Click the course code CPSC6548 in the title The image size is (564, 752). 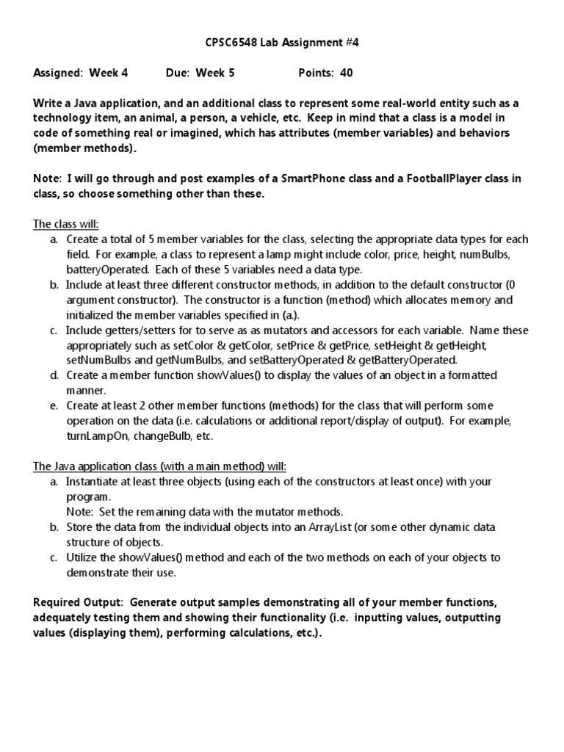point(230,43)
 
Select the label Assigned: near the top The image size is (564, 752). point(59,73)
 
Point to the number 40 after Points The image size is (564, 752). point(347,73)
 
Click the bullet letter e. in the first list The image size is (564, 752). point(54,405)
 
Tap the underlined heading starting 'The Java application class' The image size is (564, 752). point(160,466)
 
